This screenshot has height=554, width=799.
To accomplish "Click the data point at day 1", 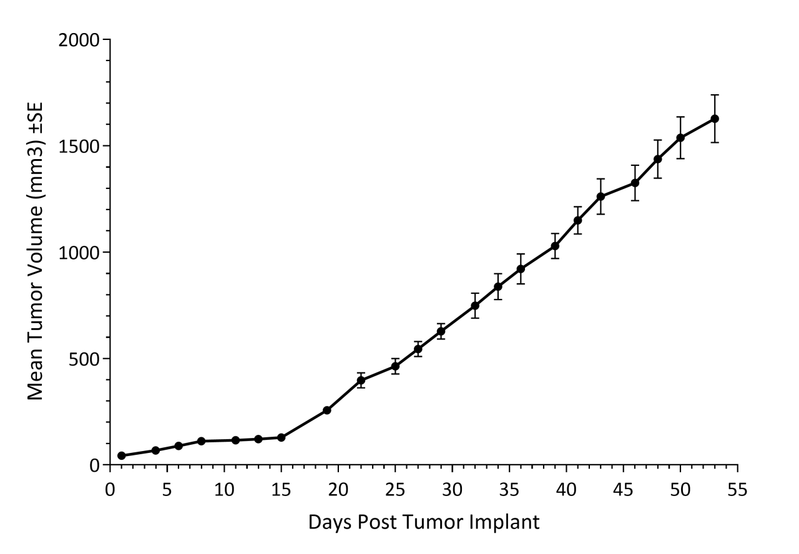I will [x=122, y=455].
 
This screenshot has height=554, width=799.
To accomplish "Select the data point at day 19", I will [x=326, y=410].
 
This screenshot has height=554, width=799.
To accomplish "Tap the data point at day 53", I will [x=715, y=119].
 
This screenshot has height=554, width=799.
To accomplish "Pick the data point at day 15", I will [x=281, y=437].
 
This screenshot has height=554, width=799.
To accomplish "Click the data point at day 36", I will [x=521, y=269].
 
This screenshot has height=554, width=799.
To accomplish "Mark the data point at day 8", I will [x=201, y=441].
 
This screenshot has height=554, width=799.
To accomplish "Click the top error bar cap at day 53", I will [x=715, y=95].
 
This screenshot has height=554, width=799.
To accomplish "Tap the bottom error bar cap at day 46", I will [x=635, y=200].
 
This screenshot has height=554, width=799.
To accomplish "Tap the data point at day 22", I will [x=361, y=380].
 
